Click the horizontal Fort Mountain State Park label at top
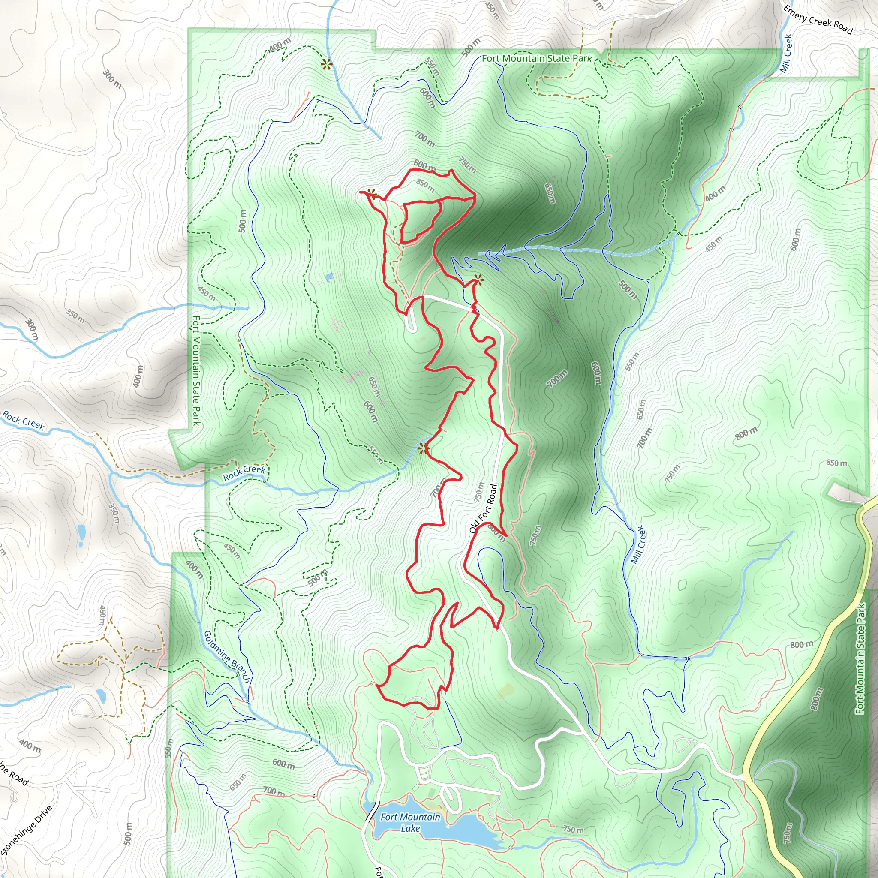pos(536,58)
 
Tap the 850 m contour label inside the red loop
pos(425,185)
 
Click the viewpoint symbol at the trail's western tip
pos(372,195)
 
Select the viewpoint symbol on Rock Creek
pos(423,449)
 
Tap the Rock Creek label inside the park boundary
pos(244,472)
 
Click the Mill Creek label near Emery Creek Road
pos(786,54)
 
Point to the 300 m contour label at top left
pos(112,79)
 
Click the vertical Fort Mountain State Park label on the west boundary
pos(196,370)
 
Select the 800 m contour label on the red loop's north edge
pos(424,165)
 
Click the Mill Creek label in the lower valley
pos(638,544)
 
